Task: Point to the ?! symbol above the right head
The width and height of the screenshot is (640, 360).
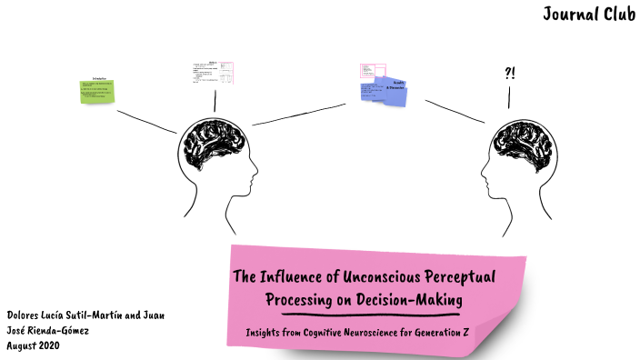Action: click(509, 74)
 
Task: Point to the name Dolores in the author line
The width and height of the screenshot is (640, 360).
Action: click(25, 315)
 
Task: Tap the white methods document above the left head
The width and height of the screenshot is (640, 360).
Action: click(213, 74)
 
